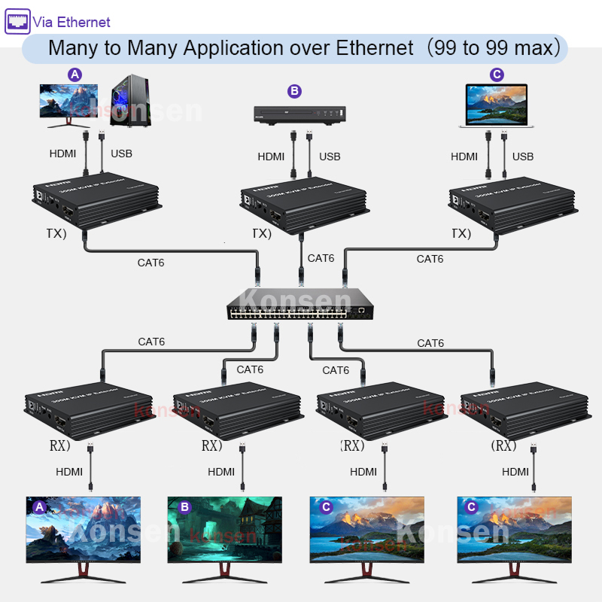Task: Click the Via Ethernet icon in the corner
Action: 18,21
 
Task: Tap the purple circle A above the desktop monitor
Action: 74,74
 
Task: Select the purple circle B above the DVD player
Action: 294,91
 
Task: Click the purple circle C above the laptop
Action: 496,74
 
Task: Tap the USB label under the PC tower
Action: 121,154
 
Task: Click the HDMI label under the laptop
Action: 464,157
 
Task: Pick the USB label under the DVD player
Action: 330,157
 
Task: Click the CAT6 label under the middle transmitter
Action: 321,258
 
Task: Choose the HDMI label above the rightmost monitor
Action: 515,472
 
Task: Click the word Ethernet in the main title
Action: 374,48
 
